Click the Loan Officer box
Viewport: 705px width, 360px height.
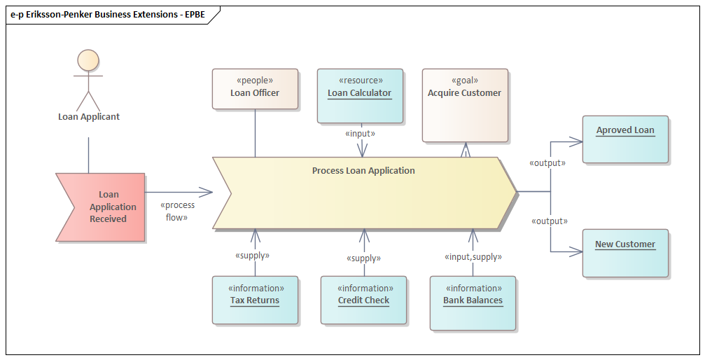(x=255, y=88)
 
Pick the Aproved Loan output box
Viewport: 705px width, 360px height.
(x=625, y=139)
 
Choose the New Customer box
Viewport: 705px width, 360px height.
(x=625, y=252)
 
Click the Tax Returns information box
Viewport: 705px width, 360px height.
(x=255, y=300)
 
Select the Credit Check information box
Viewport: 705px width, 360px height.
(x=363, y=300)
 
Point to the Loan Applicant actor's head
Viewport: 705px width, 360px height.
(x=88, y=60)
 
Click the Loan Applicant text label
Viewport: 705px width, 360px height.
(x=89, y=117)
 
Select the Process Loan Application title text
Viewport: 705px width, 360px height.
(x=363, y=171)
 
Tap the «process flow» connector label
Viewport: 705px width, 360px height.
(x=177, y=211)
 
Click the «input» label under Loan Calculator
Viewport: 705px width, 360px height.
(x=361, y=133)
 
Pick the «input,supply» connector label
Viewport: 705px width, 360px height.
(x=473, y=257)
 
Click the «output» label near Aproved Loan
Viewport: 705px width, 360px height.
(x=548, y=162)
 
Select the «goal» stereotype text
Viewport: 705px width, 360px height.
(x=465, y=81)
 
